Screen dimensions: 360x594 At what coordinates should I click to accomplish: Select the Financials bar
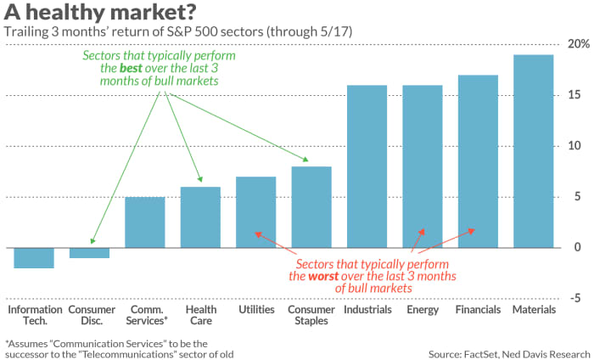coord(478,161)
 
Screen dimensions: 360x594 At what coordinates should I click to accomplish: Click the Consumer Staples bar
coord(311,207)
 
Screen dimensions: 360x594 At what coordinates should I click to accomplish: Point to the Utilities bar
coord(255,212)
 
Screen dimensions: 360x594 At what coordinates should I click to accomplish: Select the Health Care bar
coord(200,217)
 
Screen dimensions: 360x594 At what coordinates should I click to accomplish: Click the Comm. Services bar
coord(145,222)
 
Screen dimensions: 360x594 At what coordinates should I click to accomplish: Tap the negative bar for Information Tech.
coord(34,258)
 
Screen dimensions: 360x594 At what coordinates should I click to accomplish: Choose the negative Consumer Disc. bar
coord(89,253)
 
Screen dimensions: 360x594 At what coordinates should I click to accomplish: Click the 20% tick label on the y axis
coord(576,44)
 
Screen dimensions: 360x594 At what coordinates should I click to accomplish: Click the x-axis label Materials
coord(534,310)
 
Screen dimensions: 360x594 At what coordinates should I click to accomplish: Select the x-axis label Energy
coord(423,310)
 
